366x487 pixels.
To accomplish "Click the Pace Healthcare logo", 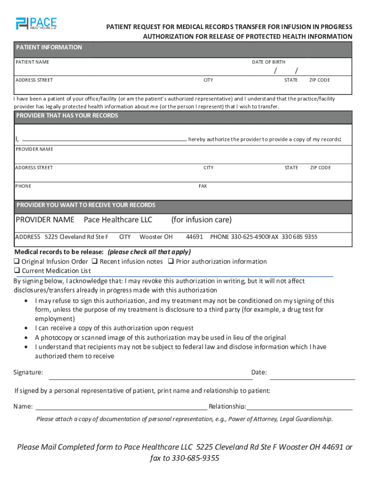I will tap(36, 23).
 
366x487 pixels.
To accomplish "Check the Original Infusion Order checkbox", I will tap(17, 262).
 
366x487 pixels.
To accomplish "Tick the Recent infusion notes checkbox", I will tap(95, 262).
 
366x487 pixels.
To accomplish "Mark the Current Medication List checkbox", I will tap(17, 271).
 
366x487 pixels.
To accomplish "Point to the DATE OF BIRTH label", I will tap(269, 62).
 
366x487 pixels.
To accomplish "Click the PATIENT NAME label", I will tap(32, 62).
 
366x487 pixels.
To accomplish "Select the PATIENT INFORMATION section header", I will tap(49, 48).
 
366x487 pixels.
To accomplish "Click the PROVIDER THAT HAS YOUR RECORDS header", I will tap(67, 116).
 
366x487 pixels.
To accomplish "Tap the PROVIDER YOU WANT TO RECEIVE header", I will tap(86, 205).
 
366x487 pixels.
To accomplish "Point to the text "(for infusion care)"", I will tap(201, 220).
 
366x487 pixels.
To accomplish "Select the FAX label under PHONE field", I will tap(202, 186).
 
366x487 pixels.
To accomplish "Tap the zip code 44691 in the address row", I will tap(194, 237).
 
